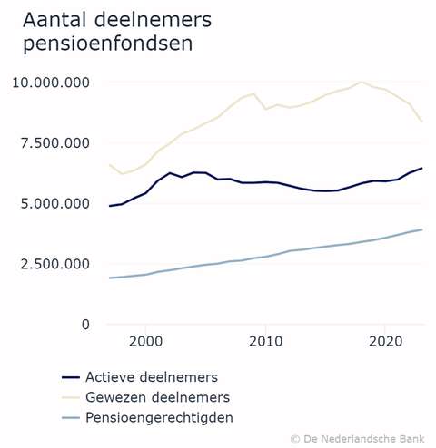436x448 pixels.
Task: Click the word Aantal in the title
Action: [x=52, y=19]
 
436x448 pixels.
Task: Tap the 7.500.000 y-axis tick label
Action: [x=55, y=143]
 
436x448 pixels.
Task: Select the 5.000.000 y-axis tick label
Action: [x=55, y=203]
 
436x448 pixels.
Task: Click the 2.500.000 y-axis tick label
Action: [x=55, y=264]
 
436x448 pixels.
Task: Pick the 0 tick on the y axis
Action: [x=85, y=324]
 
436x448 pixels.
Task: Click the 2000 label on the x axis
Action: [x=146, y=342]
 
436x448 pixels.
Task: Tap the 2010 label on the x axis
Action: [x=265, y=342]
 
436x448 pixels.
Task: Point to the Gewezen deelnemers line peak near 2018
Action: [x=362, y=82]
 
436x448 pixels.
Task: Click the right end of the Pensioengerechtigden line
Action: [x=421, y=229]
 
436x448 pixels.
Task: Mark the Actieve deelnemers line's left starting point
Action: [x=110, y=206]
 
